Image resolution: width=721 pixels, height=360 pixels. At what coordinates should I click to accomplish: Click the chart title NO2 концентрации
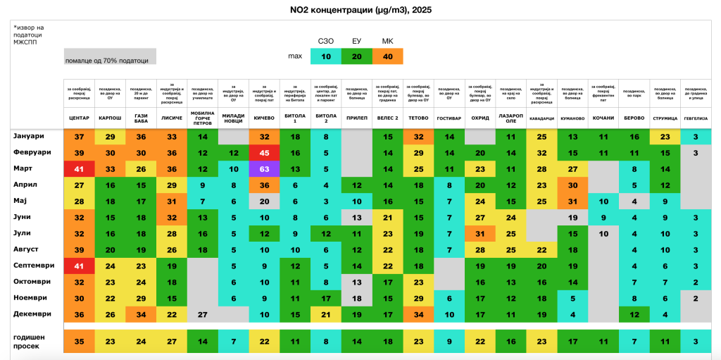[360, 9]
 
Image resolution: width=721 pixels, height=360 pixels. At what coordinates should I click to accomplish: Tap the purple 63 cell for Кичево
[265, 169]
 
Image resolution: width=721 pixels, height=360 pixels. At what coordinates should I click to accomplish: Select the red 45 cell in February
[265, 153]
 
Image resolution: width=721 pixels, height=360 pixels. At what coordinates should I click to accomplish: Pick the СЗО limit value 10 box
[325, 56]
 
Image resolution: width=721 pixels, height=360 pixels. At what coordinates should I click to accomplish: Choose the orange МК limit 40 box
[387, 56]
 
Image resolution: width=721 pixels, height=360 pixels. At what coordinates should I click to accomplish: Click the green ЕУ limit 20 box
[356, 56]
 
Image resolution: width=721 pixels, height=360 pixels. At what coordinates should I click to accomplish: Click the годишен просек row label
[32, 341]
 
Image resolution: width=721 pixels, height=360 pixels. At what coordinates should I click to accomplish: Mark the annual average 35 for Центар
[79, 341]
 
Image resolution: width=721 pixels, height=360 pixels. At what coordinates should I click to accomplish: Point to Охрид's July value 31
[480, 233]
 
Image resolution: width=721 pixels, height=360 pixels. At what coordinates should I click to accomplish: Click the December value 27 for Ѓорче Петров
[202, 314]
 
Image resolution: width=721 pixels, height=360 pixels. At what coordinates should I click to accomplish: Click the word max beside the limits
[295, 56]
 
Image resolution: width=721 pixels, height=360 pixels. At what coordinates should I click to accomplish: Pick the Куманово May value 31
[572, 201]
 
